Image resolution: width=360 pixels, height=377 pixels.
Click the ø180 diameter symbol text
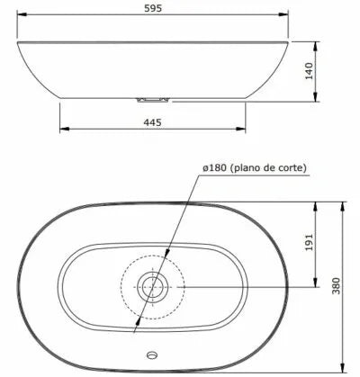click(x=218, y=168)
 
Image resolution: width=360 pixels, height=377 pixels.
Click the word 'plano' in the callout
click(x=260, y=168)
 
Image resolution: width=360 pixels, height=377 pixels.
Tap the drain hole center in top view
click(x=155, y=287)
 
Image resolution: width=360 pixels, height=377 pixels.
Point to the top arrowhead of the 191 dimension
click(x=314, y=204)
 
